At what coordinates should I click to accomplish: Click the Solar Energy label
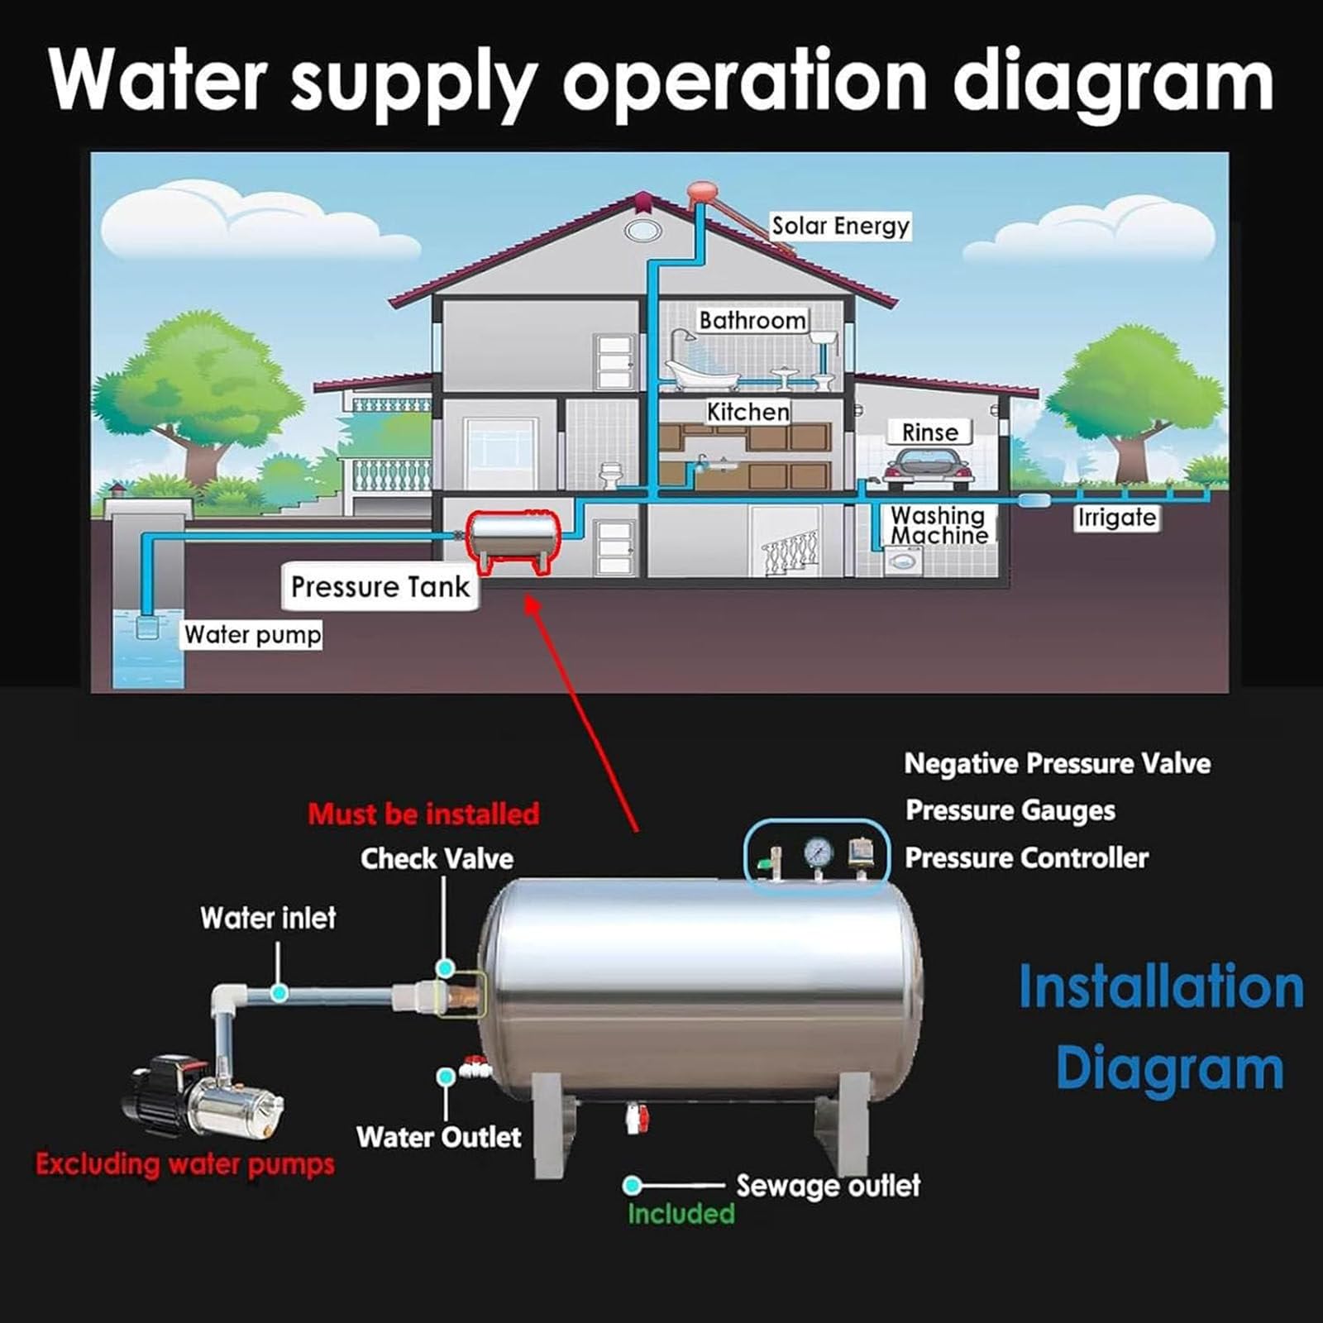coord(840,227)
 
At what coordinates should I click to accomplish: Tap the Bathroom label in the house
coord(752,320)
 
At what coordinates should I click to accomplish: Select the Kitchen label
coord(748,411)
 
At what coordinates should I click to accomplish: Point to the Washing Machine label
coord(939,525)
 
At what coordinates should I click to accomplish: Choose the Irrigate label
coord(1116,518)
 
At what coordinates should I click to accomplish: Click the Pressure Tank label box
coord(380,586)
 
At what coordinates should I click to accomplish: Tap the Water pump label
coord(252,634)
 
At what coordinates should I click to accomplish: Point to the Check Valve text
coord(437,858)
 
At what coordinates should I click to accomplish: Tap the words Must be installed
coord(423,814)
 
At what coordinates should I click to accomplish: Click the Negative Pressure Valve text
coord(1058,763)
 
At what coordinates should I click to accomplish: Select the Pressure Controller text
coord(1027,857)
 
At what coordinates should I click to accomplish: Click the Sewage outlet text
coord(828,1186)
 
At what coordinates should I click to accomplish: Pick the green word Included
coord(681,1213)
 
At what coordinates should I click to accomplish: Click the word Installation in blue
coord(1161,987)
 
